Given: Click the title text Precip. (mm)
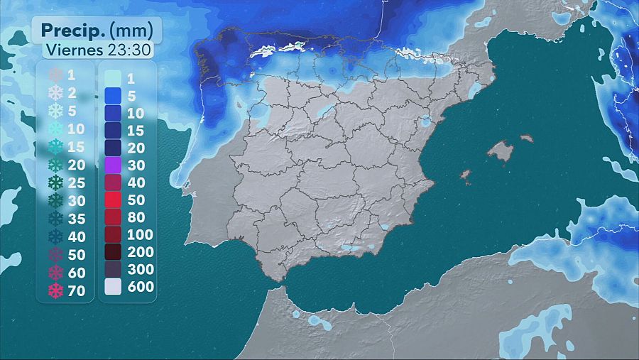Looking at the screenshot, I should click(97, 30).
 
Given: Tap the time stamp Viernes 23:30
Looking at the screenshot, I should click(97, 50).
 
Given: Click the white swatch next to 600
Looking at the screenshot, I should click(112, 287).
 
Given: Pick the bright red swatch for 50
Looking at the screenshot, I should click(112, 200).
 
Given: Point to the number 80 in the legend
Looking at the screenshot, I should click(135, 217).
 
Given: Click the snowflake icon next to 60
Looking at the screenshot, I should click(55, 273).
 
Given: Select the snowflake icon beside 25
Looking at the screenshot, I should click(55, 182).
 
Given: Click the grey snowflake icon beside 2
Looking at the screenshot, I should click(55, 92).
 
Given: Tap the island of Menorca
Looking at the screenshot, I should click(526, 138).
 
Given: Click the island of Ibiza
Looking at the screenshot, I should click(466, 175).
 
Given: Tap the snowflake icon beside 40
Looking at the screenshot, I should click(55, 236).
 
